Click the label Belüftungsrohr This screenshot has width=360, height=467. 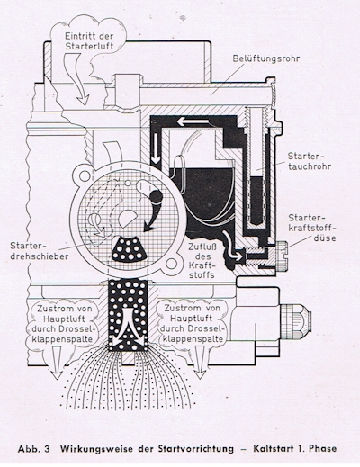pyautogui.click(x=266, y=58)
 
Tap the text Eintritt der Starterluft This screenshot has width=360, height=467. pyautogui.click(x=89, y=41)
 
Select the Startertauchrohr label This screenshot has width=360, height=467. pyautogui.click(x=310, y=161)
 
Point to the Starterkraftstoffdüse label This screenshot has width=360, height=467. pyautogui.click(x=312, y=228)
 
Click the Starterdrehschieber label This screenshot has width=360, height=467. pyautogui.click(x=40, y=251)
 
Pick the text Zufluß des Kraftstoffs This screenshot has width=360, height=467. pyautogui.click(x=202, y=261)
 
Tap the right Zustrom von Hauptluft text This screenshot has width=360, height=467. pyautogui.click(x=193, y=323)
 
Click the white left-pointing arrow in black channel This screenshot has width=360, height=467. pyautogui.click(x=193, y=122)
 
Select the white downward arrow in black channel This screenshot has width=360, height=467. pyautogui.click(x=157, y=148)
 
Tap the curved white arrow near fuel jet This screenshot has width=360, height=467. pyautogui.click(x=232, y=246)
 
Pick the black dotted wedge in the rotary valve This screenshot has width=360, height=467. pyautogui.click(x=129, y=248)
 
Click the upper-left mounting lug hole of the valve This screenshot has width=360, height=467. pyautogui.click(x=84, y=175)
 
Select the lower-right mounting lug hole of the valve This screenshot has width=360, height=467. pyautogui.click(x=171, y=264)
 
